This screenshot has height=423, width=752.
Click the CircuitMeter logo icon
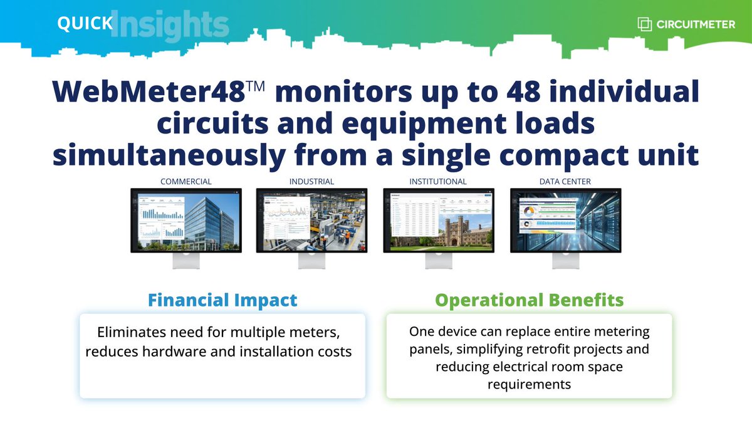[x=645, y=24]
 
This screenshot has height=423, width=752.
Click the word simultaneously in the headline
[x=173, y=154]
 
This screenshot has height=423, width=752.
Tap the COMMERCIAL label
[x=185, y=182]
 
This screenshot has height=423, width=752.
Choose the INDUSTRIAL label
[x=311, y=182]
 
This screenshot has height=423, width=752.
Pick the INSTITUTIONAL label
[x=438, y=182]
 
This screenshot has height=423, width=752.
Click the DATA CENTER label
[x=565, y=182]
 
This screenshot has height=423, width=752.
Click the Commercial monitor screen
[x=185, y=220]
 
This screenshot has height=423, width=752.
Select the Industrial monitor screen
[x=311, y=220]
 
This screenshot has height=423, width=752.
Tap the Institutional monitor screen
[x=438, y=220]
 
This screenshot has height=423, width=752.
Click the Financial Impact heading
[x=222, y=300]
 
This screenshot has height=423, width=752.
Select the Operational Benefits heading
[x=529, y=300]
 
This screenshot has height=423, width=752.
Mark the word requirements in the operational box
[x=529, y=384]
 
